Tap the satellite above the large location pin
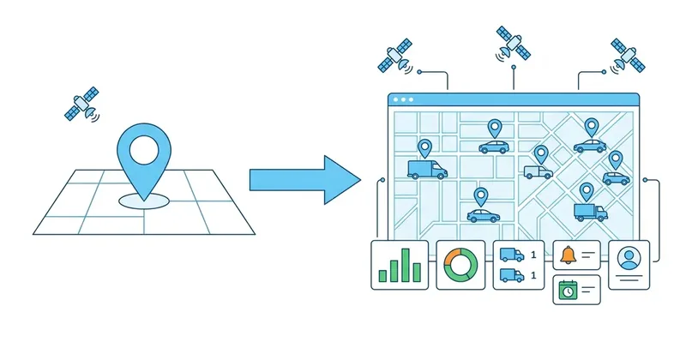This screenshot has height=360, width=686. [x=81, y=104]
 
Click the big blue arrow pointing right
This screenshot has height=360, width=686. [x=305, y=180]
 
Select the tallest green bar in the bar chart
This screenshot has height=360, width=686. [x=406, y=265]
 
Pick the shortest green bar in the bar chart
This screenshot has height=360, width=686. [x=382, y=276]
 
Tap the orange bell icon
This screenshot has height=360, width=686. [x=569, y=255]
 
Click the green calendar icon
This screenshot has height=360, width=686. [x=568, y=290]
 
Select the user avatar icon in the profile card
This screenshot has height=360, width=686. [x=629, y=259]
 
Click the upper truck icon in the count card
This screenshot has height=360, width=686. [x=512, y=255]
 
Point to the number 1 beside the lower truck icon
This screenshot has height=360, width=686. [x=533, y=275]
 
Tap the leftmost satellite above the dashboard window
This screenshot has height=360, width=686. [x=395, y=55]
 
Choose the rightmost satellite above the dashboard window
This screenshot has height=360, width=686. [x=628, y=56]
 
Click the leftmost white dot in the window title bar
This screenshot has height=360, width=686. [x=395, y=99]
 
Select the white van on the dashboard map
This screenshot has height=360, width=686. [x=539, y=172]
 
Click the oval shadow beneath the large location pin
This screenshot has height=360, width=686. [x=143, y=201]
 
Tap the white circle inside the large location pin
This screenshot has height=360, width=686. [x=143, y=150]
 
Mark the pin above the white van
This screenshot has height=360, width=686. [x=541, y=155]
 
